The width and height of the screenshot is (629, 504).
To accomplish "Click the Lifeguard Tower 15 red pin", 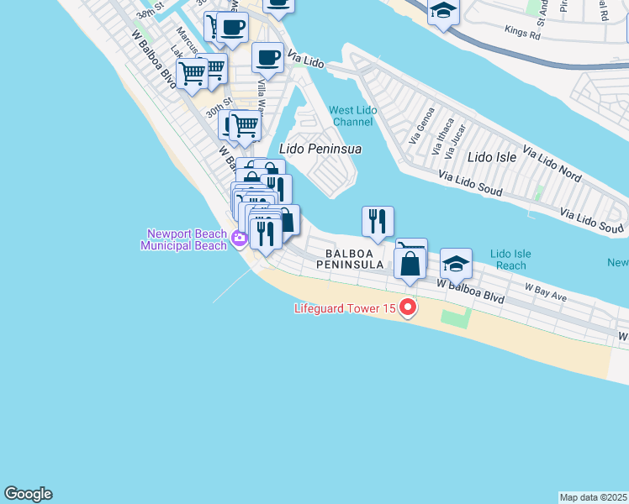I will [x=408, y=307].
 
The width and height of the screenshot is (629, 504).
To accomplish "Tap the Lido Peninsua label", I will [x=325, y=149].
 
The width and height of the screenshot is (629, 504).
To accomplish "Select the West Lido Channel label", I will [x=351, y=116].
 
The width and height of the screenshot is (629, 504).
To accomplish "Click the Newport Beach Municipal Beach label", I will [x=187, y=239].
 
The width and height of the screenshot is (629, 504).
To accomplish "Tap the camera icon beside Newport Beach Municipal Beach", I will [x=240, y=239].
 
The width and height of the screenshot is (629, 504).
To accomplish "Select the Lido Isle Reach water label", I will [x=508, y=259].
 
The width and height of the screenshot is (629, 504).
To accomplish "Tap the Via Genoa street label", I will [x=420, y=125].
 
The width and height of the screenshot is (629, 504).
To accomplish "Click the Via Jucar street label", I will [x=455, y=136].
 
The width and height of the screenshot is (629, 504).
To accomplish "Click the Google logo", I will [x=28, y=494].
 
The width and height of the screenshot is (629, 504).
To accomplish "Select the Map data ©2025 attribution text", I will [x=594, y=497].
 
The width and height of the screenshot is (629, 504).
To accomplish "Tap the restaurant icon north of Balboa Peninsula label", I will [x=378, y=222].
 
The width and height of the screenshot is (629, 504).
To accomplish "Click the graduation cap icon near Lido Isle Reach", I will [x=456, y=264].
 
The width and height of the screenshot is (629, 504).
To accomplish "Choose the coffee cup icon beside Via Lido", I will [x=267, y=58].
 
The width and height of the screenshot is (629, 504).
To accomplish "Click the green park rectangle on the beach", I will [x=454, y=318].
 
